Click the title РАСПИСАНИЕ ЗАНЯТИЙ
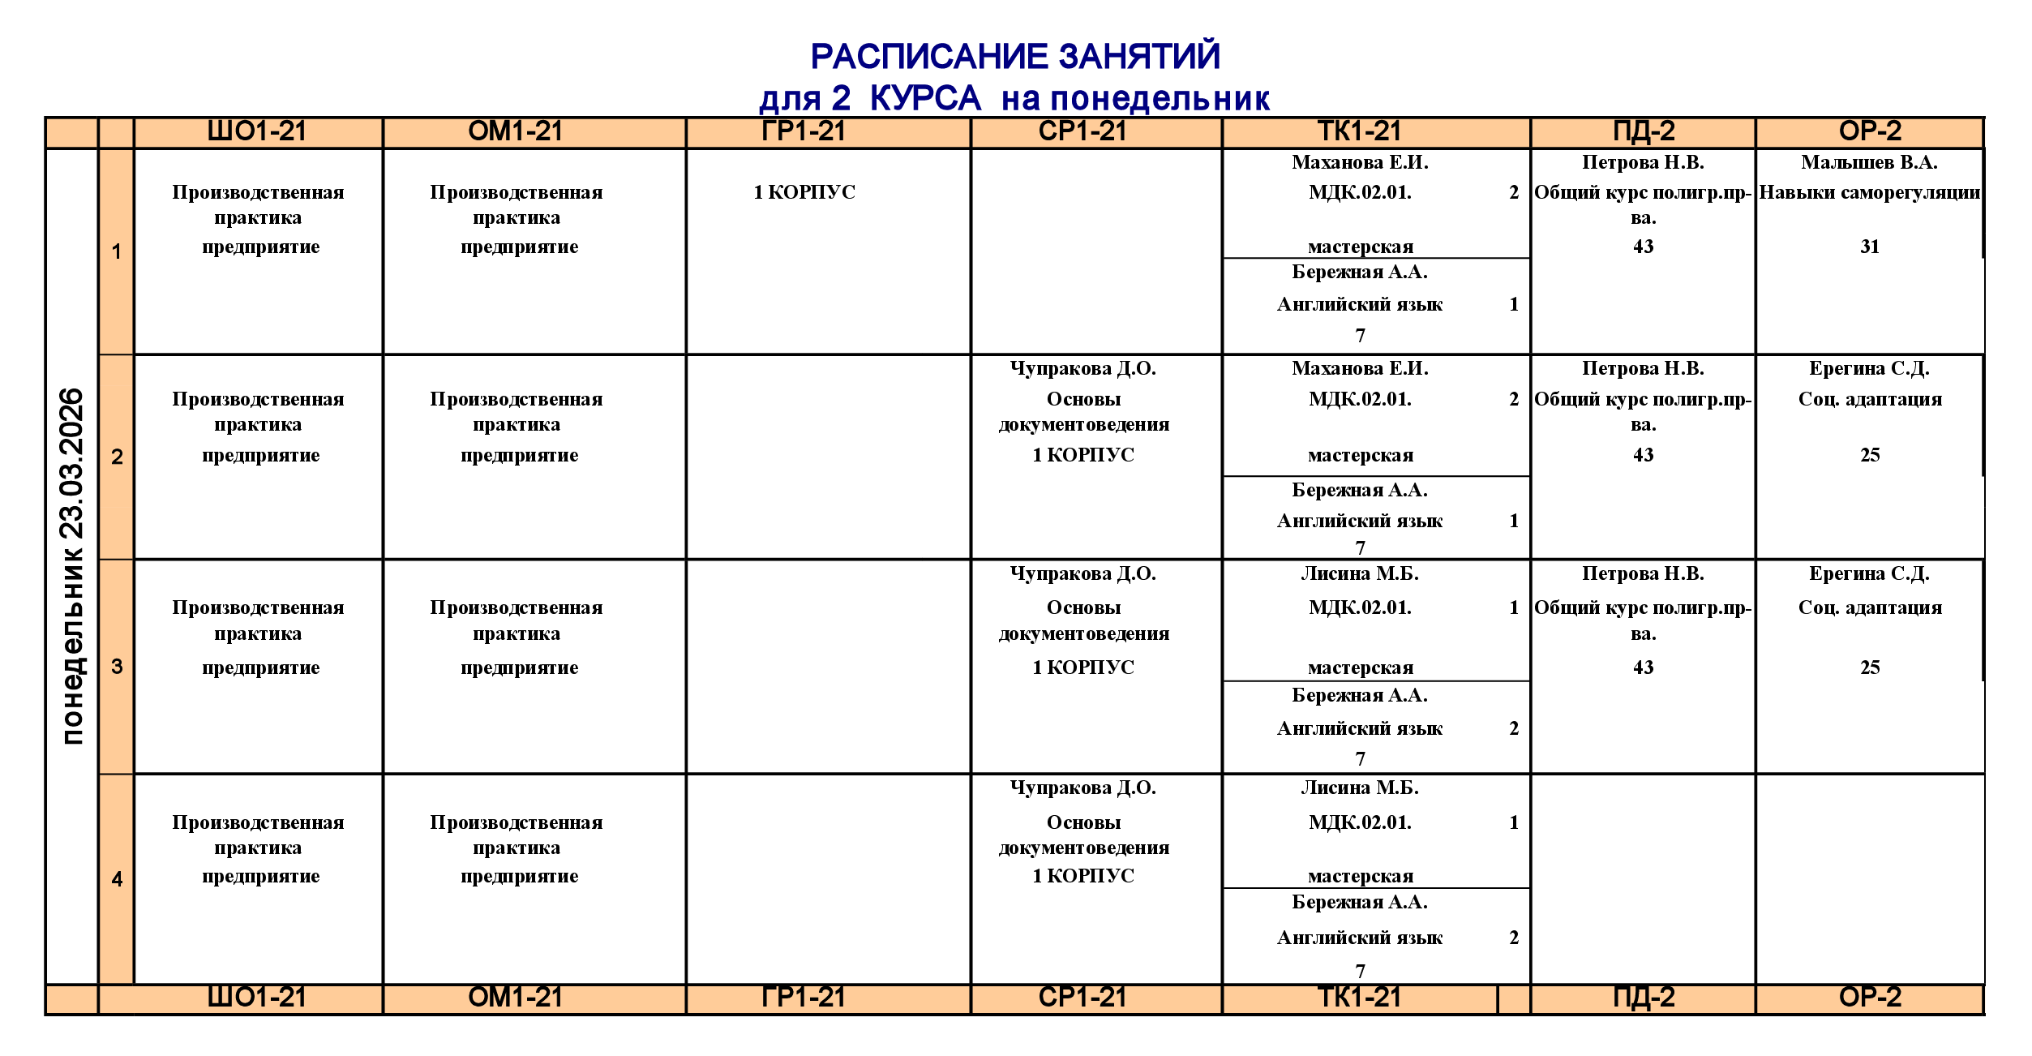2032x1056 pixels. (x=1015, y=57)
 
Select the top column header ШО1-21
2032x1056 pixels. (x=257, y=131)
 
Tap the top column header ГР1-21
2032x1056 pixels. (x=804, y=131)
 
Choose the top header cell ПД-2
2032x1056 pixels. (x=1644, y=131)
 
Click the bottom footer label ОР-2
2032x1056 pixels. (x=1870, y=997)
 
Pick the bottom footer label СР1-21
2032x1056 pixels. (x=1083, y=997)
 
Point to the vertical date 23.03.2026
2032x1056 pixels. (x=72, y=463)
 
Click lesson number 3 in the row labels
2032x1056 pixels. (x=117, y=667)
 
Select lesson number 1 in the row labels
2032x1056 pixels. (x=117, y=251)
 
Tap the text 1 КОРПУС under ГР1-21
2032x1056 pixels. (x=804, y=192)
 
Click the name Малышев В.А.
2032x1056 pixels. (x=1869, y=162)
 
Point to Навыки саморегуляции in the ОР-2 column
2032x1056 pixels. (x=1869, y=192)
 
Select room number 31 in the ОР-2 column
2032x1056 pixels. (x=1870, y=247)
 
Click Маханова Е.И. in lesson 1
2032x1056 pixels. (x=1360, y=162)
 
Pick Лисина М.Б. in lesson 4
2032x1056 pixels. (x=1360, y=788)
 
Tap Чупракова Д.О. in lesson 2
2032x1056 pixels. (x=1083, y=368)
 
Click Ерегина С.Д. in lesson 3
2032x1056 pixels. (x=1869, y=573)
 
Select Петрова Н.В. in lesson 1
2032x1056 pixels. (x=1643, y=162)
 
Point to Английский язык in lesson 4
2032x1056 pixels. (x=1360, y=938)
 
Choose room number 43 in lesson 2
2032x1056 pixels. (x=1644, y=455)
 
